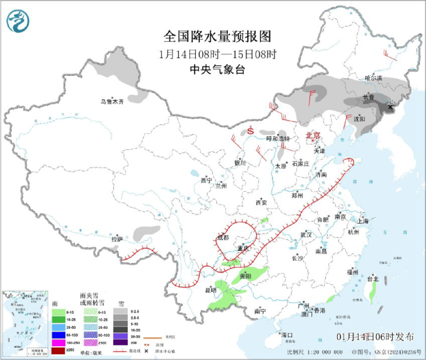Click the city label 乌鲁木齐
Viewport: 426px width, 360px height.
[112, 102]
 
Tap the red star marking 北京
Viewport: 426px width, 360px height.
[313, 141]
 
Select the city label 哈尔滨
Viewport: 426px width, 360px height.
[373, 78]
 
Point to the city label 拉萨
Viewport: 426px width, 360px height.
[117, 239]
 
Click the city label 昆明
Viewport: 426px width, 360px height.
[211, 291]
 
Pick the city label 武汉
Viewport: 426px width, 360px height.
[306, 235]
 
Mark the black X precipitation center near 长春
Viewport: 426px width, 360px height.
[390, 107]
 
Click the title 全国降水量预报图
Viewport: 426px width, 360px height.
[218, 37]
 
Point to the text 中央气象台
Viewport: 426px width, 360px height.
[218, 69]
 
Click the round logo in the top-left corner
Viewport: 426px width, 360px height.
[18, 21]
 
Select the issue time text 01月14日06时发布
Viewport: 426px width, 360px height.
[375, 337]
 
